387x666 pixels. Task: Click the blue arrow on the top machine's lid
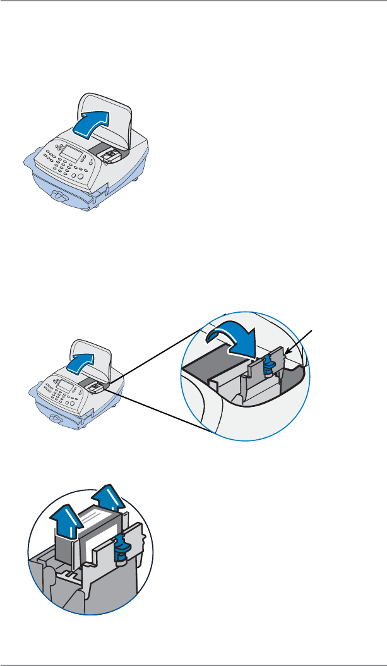(92, 122)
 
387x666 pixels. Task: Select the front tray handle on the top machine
(62, 197)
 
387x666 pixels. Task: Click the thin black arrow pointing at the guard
(300, 341)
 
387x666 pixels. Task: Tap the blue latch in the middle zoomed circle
(268, 363)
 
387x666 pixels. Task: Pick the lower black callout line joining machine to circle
(158, 411)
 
